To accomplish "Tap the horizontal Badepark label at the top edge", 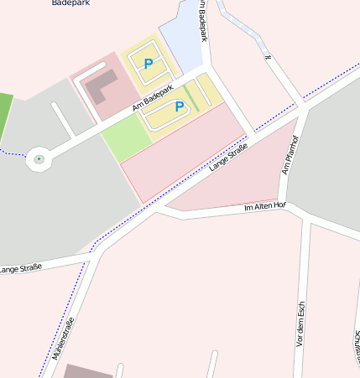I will [70, 3].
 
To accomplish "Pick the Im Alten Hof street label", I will [265, 206].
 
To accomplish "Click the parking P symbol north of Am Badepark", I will [149, 64].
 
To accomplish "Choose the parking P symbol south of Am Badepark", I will [179, 106].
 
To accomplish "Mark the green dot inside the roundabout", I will [39, 158].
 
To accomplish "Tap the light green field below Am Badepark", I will [123, 137].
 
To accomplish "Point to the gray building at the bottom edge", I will [87, 371].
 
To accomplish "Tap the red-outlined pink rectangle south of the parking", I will [185, 151].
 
